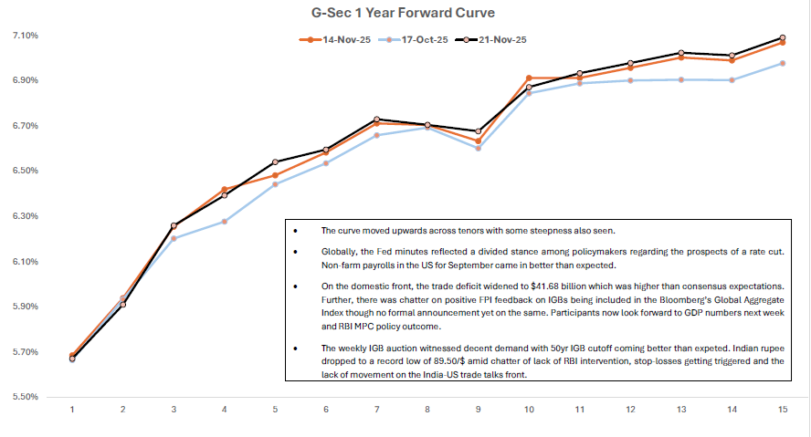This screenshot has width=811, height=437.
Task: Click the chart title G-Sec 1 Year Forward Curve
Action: click(x=405, y=14)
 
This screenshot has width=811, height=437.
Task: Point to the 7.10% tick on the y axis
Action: click(x=26, y=36)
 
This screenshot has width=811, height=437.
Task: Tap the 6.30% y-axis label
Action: click(x=26, y=216)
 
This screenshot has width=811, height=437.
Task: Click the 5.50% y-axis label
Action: click(x=26, y=397)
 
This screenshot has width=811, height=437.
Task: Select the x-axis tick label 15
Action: click(x=783, y=408)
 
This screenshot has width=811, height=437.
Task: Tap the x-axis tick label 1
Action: click(x=72, y=408)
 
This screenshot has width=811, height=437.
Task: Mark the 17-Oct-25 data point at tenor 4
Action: click(x=224, y=222)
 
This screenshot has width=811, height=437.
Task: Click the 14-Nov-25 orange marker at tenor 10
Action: click(x=529, y=78)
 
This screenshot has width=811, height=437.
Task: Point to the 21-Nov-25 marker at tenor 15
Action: click(x=783, y=38)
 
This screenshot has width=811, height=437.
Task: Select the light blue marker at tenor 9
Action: click(x=478, y=148)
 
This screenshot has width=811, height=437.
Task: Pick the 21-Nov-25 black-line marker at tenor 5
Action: click(x=275, y=162)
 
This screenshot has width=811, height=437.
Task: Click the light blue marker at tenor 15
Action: click(x=783, y=63)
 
